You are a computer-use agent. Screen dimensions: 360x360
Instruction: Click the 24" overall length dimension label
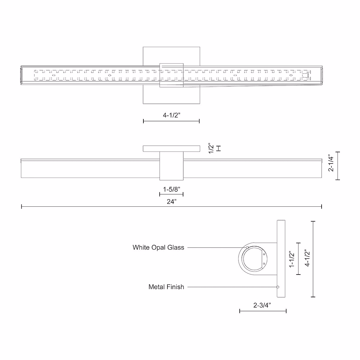pos(172,202)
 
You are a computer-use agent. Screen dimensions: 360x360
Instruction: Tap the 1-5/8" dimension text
pos(172,189)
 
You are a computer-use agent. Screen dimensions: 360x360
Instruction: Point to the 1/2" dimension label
pos(211,148)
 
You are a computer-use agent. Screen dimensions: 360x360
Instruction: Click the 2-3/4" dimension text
pos(262,305)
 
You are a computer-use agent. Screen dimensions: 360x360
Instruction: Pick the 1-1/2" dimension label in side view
pos(292,259)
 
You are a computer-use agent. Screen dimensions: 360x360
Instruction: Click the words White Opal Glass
pos(158,247)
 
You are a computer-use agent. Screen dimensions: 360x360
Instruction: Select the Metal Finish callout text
pos(166,287)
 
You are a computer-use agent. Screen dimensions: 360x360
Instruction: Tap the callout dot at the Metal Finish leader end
pos(278,287)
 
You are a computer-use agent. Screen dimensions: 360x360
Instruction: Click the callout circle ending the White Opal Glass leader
pos(247,247)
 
